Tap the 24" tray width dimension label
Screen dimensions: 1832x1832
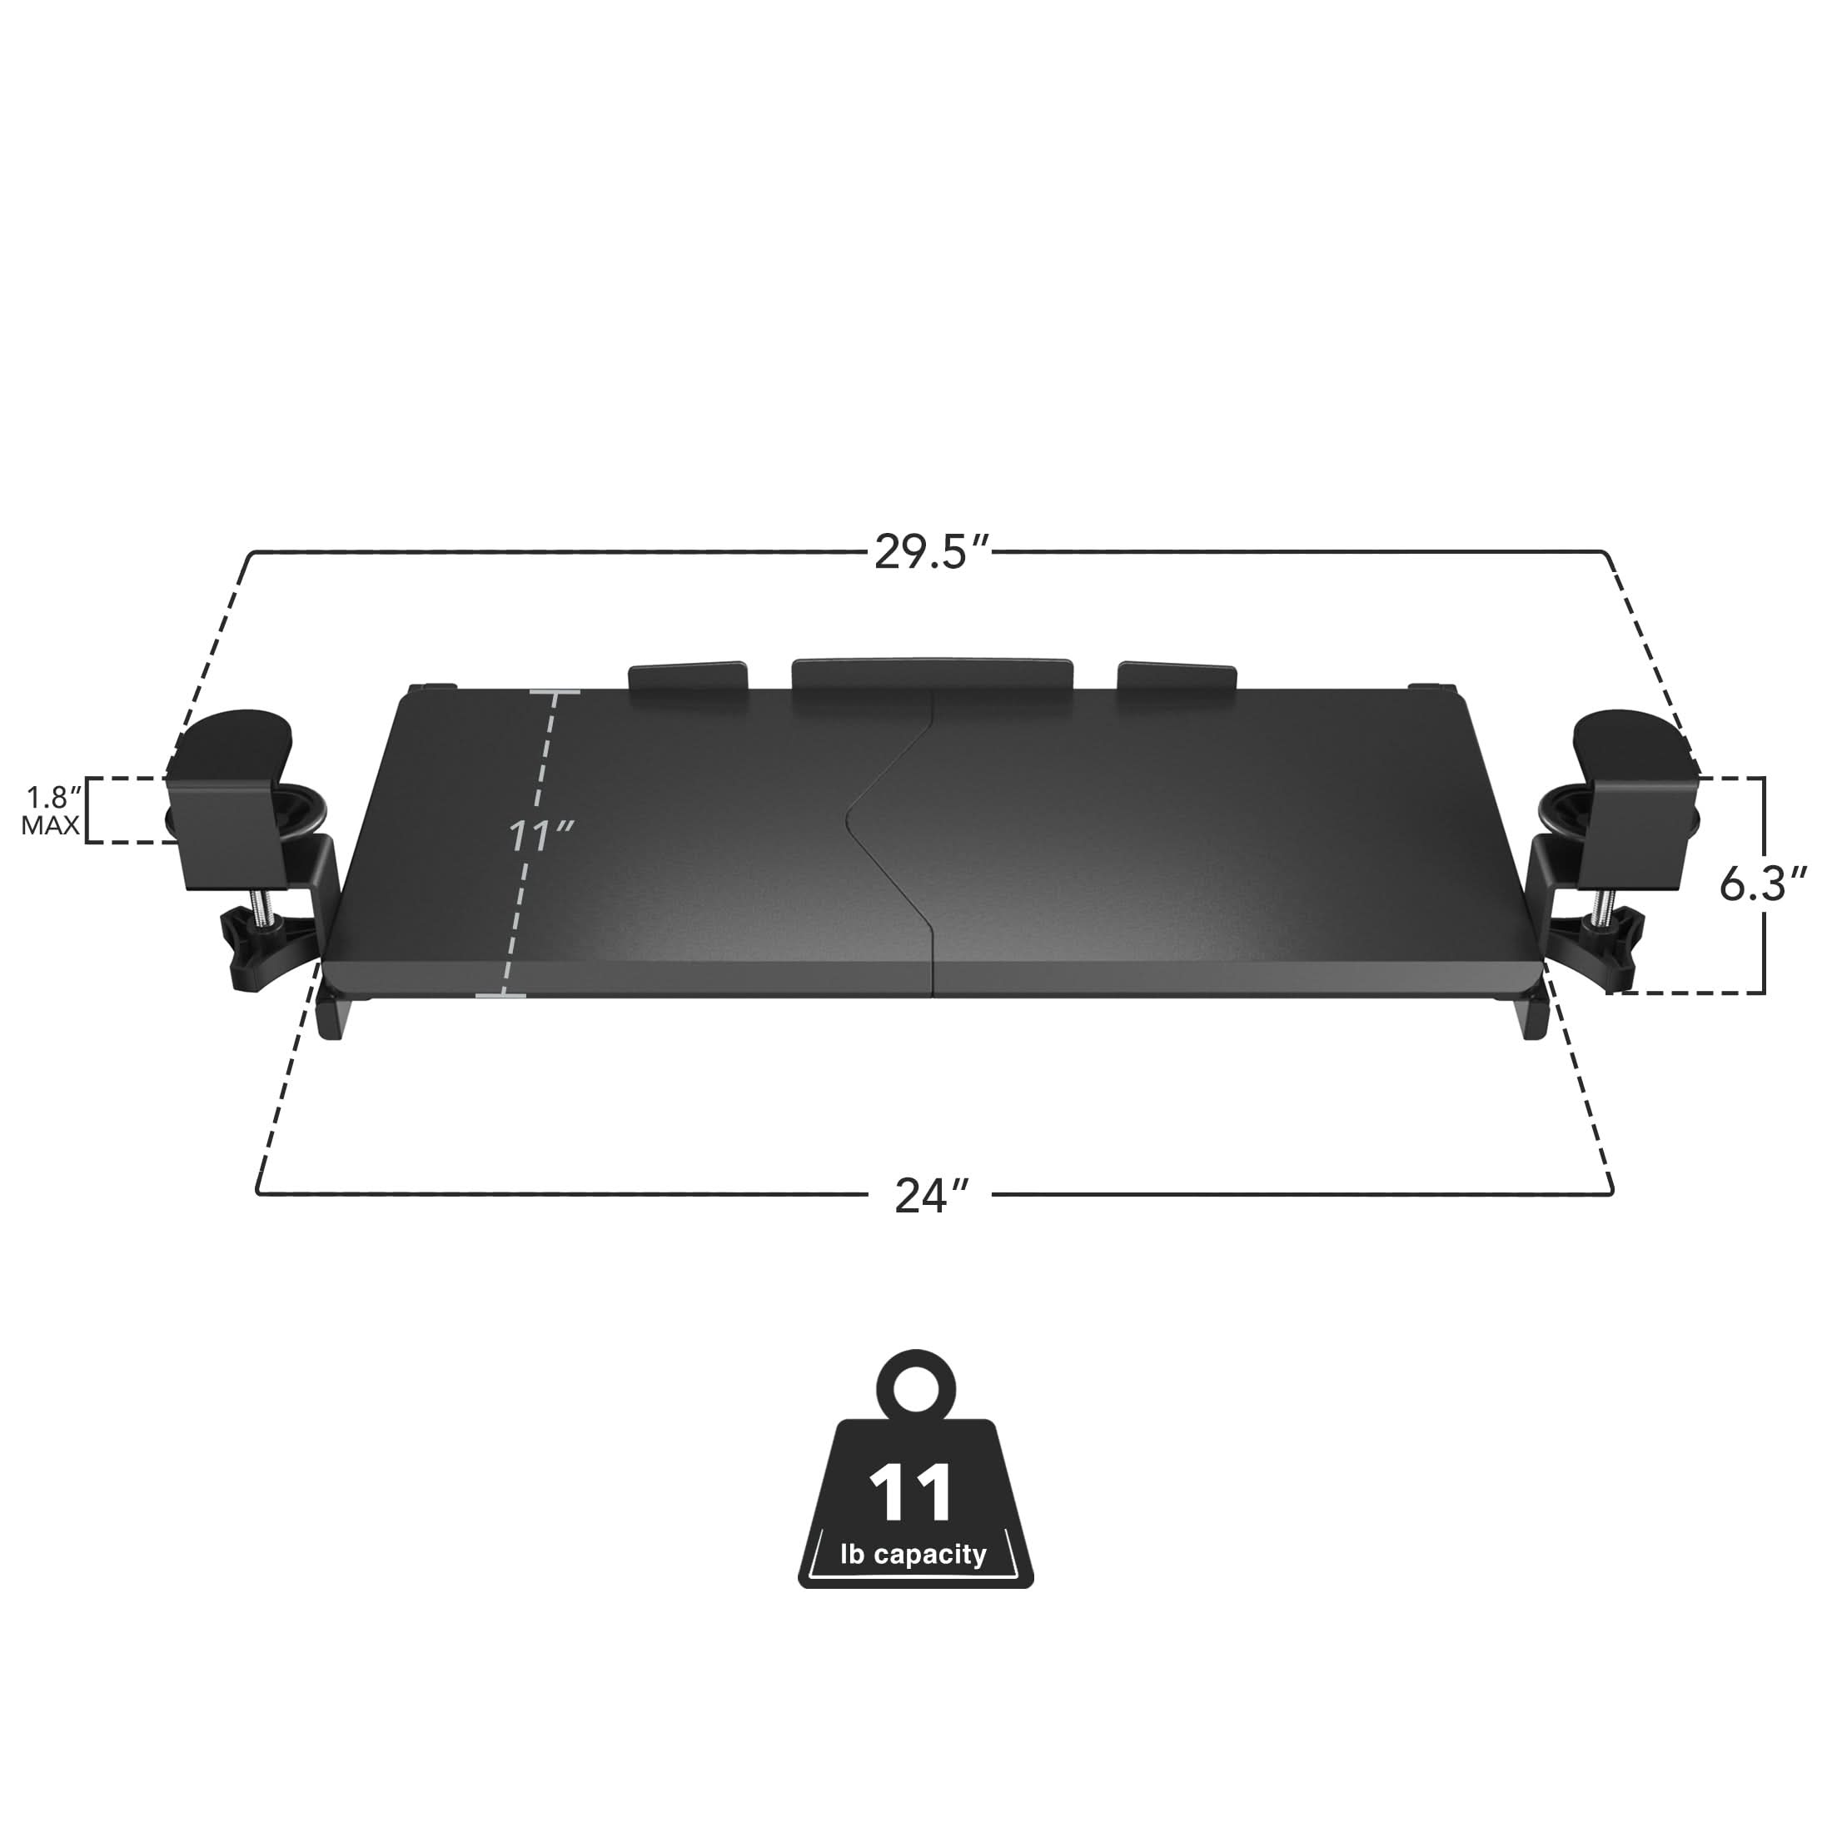(932, 1196)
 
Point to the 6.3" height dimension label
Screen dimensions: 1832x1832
(1763, 884)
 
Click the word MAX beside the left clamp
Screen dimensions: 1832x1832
(50, 826)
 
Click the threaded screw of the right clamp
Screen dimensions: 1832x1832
(1602, 901)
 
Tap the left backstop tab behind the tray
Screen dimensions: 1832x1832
(688, 677)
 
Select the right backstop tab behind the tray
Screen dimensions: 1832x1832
(1177, 677)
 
